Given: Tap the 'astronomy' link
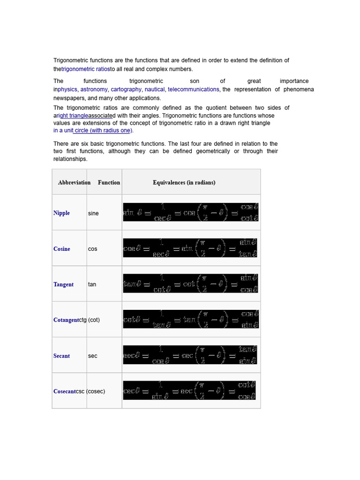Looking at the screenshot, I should pyautogui.click(x=94, y=89).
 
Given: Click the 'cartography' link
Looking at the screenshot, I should pyautogui.click(x=126, y=89).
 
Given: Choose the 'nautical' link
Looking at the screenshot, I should pyautogui.click(x=155, y=89).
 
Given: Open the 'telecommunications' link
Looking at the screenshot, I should pyautogui.click(x=193, y=89).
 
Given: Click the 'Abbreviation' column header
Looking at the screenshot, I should pyautogui.click(x=74, y=182).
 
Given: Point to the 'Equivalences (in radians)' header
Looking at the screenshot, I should pyautogui.click(x=184, y=182).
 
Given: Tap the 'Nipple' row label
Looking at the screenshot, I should pyautogui.click(x=61, y=213).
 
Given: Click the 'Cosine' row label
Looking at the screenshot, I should pyautogui.click(x=62, y=249).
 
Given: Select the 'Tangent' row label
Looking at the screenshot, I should pyautogui.click(x=63, y=285).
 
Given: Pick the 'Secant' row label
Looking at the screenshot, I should pyautogui.click(x=61, y=356).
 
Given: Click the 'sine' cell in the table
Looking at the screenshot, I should pyautogui.click(x=93, y=213).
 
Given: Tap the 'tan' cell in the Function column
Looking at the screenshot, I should pyautogui.click(x=92, y=285).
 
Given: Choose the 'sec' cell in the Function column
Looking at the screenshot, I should pyautogui.click(x=92, y=356).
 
